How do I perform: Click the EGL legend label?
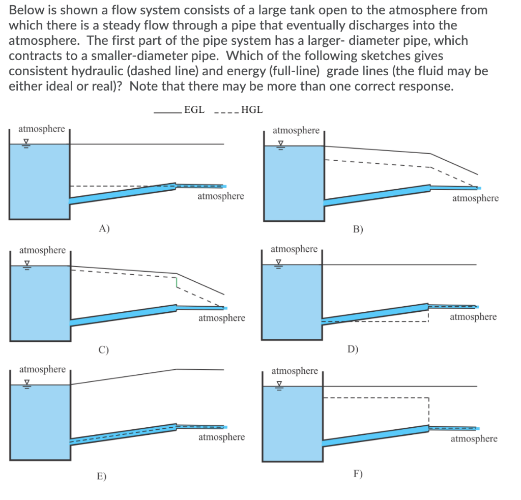[194, 109]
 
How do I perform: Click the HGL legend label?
[252, 109]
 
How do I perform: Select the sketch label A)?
[104, 228]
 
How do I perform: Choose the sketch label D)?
[353, 349]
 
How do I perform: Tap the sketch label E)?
[102, 476]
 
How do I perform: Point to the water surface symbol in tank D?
[277, 263]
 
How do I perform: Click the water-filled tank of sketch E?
[40, 422]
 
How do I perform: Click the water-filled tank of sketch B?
[294, 183]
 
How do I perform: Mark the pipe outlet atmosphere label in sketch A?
[221, 196]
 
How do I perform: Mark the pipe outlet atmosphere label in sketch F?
[474, 438]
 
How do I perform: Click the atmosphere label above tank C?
[42, 250]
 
